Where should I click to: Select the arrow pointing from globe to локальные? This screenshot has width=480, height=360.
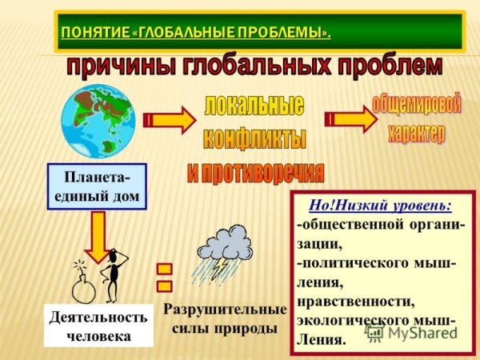170,120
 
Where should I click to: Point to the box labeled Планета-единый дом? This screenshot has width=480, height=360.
97,186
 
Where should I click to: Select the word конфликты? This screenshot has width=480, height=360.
254,138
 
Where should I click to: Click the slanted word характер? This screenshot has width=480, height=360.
417,133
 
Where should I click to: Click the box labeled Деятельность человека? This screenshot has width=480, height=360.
98,326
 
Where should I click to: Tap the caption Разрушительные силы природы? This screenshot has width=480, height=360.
224,318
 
